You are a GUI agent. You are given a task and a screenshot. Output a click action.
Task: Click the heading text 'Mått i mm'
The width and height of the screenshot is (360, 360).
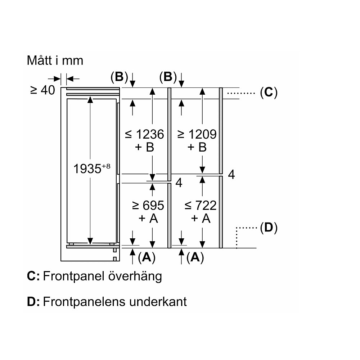click(55, 60)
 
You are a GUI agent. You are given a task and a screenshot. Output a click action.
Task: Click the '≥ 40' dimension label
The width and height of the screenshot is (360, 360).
click(42, 90)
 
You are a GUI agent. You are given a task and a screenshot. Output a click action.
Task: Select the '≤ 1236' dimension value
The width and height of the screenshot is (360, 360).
click(144, 134)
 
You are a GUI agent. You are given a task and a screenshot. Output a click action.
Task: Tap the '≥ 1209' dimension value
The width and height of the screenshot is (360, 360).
click(197, 134)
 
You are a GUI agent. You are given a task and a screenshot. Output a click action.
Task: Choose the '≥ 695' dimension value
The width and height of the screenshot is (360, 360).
click(148, 206)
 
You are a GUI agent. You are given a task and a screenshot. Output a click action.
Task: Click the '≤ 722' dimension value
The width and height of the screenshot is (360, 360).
click(201, 206)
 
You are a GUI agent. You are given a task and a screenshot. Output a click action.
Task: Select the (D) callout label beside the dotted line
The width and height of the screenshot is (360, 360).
click(268, 228)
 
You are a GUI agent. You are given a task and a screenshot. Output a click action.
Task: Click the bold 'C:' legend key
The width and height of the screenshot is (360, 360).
click(33, 276)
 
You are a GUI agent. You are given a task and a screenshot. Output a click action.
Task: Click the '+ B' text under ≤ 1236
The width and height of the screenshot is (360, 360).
click(145, 147)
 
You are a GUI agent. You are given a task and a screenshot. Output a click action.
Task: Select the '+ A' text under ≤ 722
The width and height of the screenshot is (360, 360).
click(201, 218)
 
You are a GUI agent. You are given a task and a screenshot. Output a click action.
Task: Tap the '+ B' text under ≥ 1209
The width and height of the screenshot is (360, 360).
click(197, 147)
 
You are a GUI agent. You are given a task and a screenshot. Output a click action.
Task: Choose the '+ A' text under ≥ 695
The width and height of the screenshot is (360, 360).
click(148, 218)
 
